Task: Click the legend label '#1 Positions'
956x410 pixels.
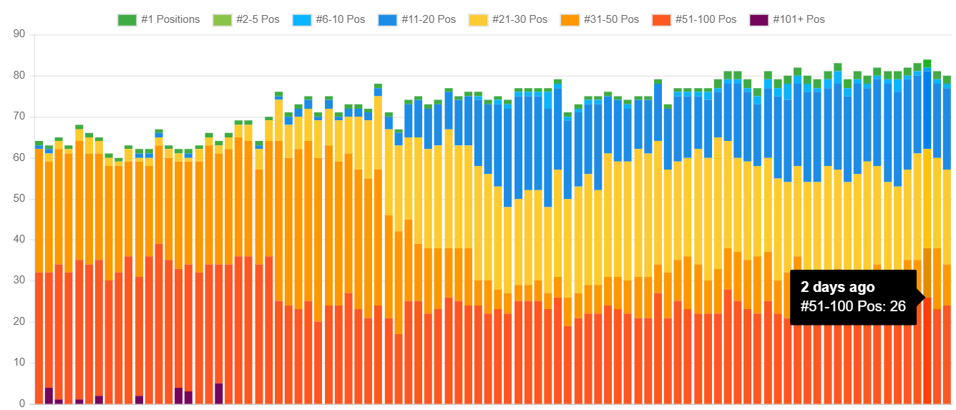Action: point(170,19)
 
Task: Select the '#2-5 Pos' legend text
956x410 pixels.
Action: point(260,19)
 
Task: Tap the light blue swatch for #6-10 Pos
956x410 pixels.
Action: point(302,20)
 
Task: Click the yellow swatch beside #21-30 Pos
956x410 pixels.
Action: point(477,20)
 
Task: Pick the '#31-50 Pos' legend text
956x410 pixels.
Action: point(610,19)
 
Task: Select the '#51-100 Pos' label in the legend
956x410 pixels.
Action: point(706,19)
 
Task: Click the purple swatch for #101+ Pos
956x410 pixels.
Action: point(758,20)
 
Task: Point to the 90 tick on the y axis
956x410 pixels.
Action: point(19,34)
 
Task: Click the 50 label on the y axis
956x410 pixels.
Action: point(19,199)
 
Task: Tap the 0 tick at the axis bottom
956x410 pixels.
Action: point(22,404)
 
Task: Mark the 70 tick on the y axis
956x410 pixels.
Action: point(19,117)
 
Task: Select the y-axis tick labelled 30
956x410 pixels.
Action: point(19,281)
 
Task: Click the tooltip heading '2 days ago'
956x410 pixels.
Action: point(837,287)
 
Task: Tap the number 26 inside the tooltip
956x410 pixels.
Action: point(898,306)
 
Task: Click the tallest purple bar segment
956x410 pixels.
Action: point(218,394)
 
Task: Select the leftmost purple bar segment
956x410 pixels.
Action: point(49,396)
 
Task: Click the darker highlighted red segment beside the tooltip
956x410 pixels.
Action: point(927,351)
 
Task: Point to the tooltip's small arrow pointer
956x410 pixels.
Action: point(920,298)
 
